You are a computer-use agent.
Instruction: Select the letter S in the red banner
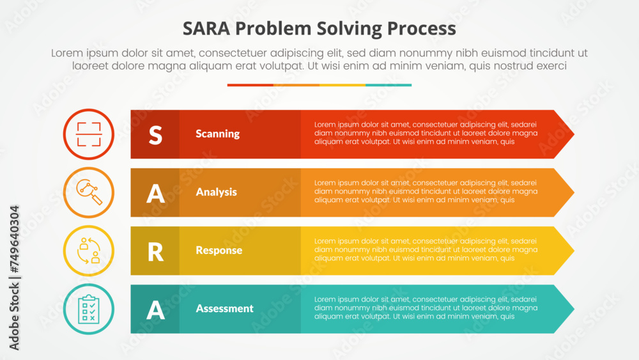point(155,134)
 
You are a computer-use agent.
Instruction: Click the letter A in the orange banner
point(155,192)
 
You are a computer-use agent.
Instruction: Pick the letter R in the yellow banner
point(155,251)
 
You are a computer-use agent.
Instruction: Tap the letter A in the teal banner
point(155,309)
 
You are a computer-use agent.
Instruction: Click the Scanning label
point(218,134)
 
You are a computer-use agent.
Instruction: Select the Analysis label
point(217,192)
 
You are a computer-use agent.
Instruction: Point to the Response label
point(219,250)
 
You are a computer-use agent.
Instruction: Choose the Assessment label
point(225,308)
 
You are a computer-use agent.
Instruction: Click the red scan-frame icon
point(89,134)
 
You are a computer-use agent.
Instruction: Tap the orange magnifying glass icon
point(89,192)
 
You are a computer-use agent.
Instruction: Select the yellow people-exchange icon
point(89,251)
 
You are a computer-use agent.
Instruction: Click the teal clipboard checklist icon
point(89,309)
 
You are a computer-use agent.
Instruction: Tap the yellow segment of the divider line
point(343,85)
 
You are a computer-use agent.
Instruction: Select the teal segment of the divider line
point(389,85)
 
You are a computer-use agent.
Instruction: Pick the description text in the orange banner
point(426,191)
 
